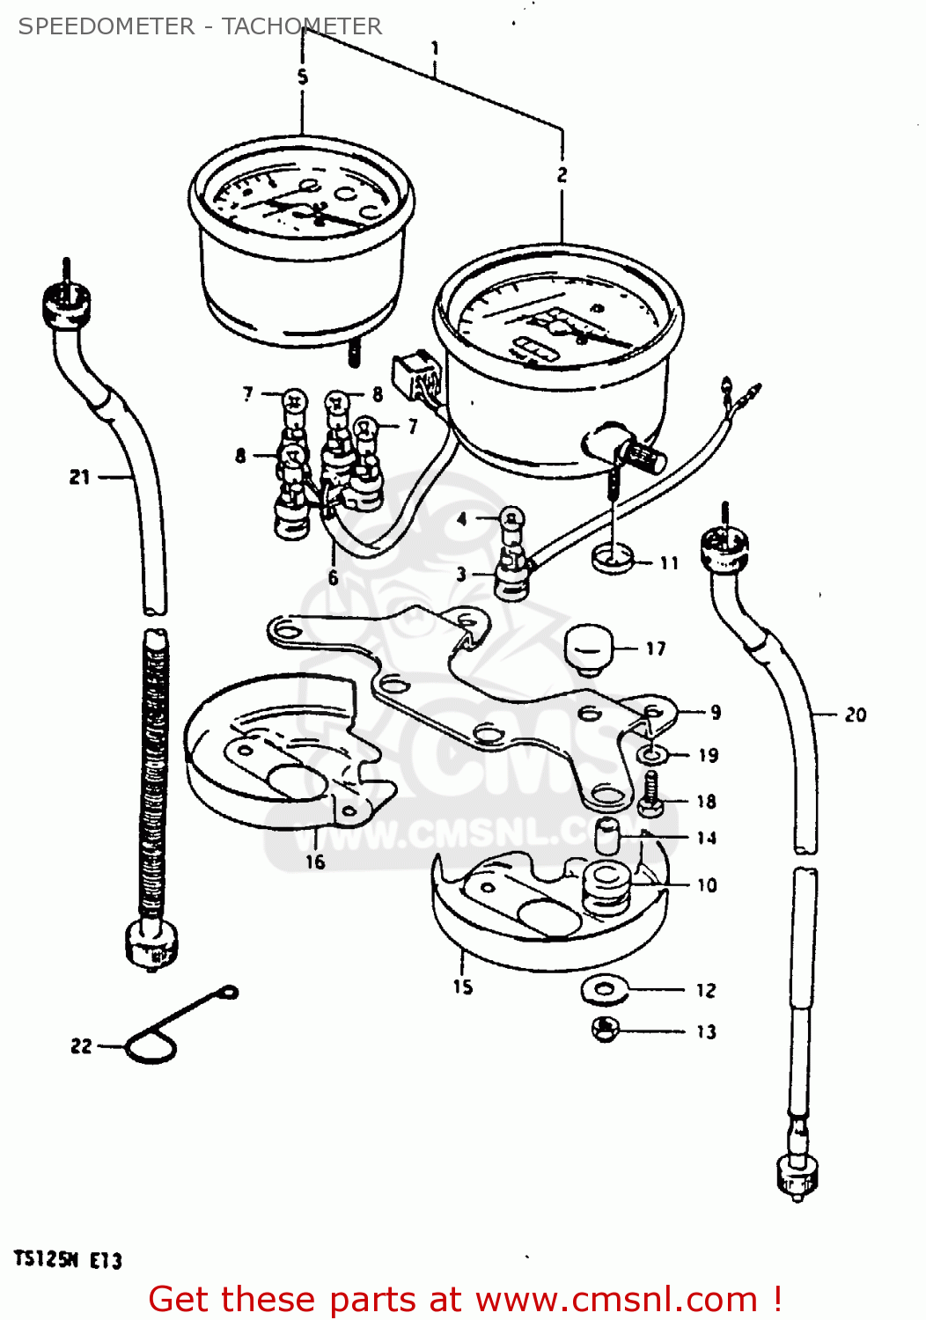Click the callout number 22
[81, 1045]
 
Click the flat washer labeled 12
[604, 988]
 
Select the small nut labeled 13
[605, 1029]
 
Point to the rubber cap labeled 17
[587, 648]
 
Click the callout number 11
[669, 562]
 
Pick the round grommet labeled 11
[612, 557]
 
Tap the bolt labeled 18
[650, 794]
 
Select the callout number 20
[856, 715]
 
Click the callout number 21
[79, 477]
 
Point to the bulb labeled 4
[510, 520]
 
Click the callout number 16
[315, 862]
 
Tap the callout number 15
[463, 986]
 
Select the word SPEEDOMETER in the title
[106, 26]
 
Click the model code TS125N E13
[68, 1260]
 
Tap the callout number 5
[303, 77]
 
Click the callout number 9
[716, 712]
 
